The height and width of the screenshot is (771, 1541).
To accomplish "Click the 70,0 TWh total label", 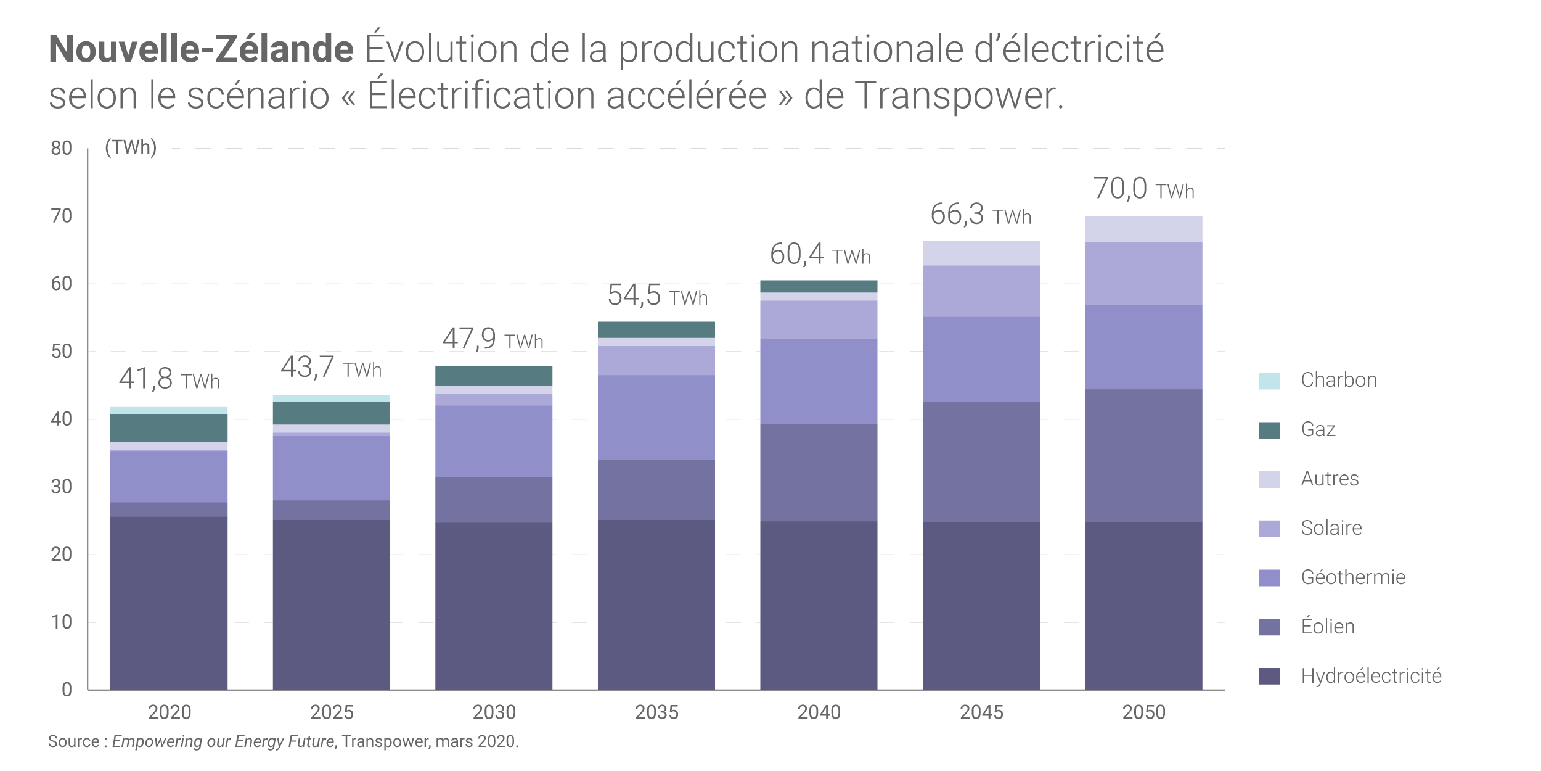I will [x=1143, y=189].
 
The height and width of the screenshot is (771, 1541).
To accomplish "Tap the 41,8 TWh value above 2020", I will [x=169, y=379].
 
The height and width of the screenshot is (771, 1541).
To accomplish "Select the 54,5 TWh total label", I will [x=657, y=295].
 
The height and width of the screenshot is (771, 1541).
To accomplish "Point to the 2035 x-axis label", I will [x=656, y=712].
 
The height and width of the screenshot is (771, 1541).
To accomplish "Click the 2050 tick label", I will [x=1143, y=712].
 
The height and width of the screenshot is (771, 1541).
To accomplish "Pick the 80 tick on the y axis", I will [x=62, y=149].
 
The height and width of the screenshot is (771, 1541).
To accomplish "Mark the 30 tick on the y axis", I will [x=62, y=487].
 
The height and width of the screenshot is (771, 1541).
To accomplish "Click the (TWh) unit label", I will [x=131, y=147].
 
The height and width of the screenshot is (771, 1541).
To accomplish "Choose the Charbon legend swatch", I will [x=1269, y=381].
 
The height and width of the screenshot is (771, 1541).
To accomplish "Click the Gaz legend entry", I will [x=1318, y=429].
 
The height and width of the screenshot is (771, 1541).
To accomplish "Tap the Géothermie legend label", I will [x=1353, y=577].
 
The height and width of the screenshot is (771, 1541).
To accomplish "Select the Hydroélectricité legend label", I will [x=1371, y=676].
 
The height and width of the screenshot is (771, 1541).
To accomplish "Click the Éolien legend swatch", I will [x=1269, y=627].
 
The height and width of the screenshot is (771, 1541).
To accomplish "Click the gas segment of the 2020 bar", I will [x=169, y=428].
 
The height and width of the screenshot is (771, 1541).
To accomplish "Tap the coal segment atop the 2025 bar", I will [x=332, y=398].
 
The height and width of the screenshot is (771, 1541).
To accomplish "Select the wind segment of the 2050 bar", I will [x=1143, y=455].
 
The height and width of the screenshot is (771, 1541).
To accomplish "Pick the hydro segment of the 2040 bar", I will [x=819, y=604].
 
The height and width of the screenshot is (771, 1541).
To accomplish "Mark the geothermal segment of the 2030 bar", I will [x=494, y=441].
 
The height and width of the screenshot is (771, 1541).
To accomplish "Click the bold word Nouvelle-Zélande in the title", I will [x=201, y=49].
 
